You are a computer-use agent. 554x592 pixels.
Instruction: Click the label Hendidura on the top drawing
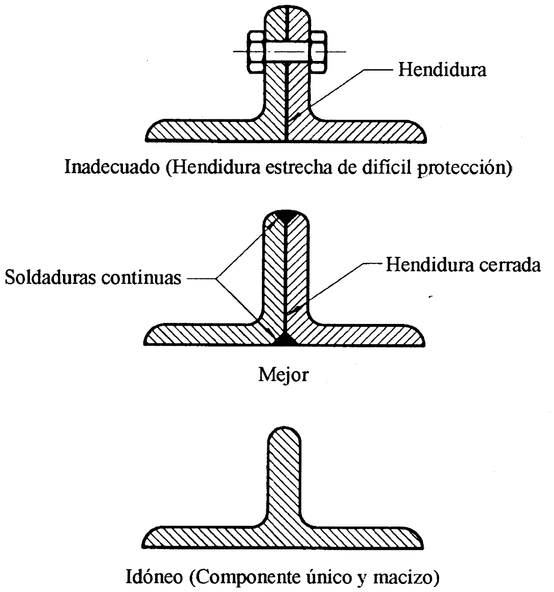(442, 70)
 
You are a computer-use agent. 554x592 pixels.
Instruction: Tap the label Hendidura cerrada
(463, 265)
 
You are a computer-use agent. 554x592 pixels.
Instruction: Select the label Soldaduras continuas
(93, 278)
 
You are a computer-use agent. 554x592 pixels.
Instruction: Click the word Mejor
(284, 375)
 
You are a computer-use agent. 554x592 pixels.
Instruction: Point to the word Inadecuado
(112, 167)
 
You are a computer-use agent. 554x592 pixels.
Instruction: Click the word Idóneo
(154, 577)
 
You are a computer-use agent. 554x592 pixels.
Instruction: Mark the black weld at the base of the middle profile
(286, 340)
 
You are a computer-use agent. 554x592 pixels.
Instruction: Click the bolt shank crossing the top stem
(287, 52)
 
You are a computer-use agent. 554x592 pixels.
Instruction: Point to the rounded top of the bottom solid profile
(284, 428)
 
